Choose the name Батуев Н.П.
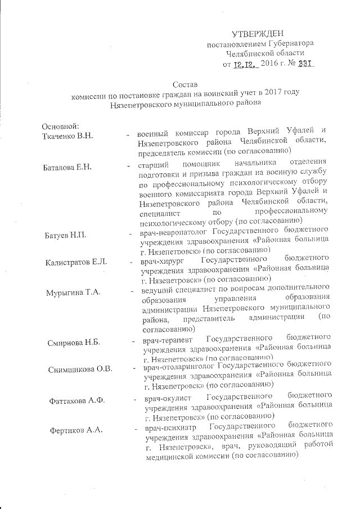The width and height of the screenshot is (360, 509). [x=65, y=234]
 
